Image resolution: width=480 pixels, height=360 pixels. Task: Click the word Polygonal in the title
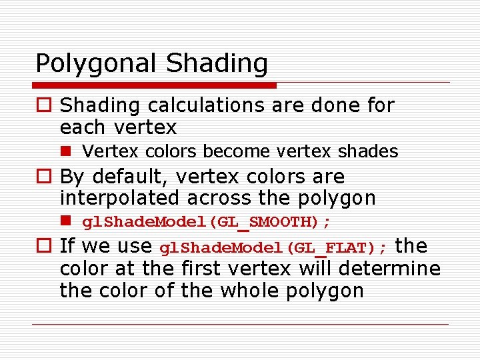tap(97, 64)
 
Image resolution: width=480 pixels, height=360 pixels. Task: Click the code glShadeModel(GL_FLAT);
tap(273, 248)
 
